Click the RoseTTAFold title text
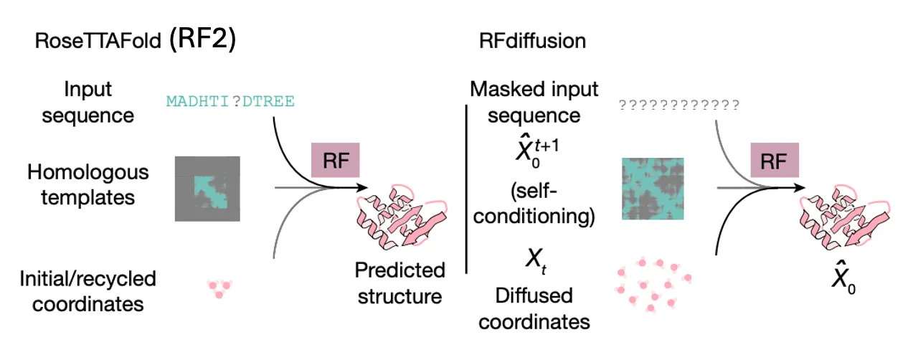98,40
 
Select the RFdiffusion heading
532,40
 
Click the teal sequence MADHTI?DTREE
230,103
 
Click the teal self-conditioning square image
653,189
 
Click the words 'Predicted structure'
400,283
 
